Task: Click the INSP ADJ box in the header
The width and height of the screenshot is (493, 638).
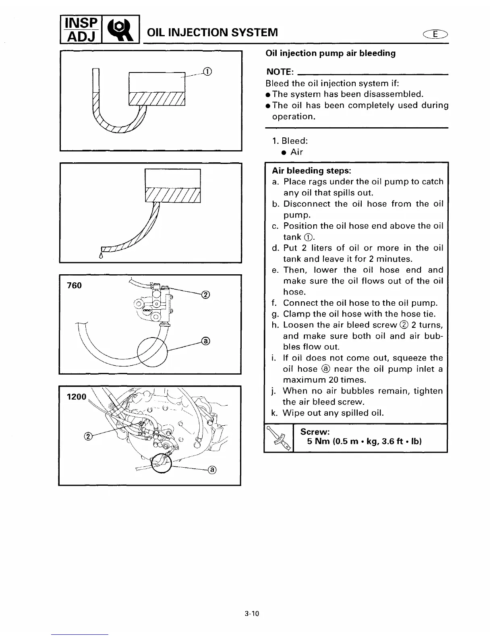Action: (79, 29)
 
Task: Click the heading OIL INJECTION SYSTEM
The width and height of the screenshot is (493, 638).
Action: (212, 32)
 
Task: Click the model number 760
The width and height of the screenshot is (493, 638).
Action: (74, 286)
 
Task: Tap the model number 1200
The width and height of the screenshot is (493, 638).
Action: (76, 397)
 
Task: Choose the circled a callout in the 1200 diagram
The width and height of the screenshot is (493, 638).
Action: (212, 470)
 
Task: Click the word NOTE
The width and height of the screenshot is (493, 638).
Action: (279, 72)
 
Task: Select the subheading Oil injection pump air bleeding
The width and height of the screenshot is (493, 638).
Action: (330, 53)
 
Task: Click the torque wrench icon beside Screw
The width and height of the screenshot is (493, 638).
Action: (278, 438)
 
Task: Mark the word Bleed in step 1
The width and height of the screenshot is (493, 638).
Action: (294, 141)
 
